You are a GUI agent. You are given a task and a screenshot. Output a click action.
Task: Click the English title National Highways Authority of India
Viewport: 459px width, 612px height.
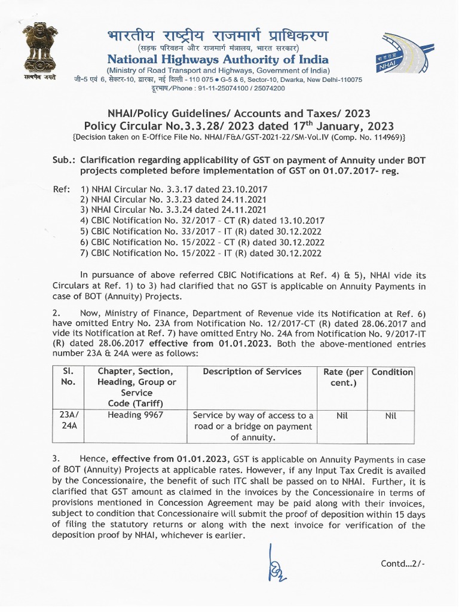(x=218, y=59)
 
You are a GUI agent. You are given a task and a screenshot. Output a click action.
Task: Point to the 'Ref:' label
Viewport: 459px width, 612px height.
(x=62, y=189)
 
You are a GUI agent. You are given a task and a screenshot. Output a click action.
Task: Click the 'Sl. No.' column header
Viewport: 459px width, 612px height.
(x=67, y=377)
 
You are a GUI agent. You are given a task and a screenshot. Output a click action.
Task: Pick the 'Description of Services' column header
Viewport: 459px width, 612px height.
(x=252, y=372)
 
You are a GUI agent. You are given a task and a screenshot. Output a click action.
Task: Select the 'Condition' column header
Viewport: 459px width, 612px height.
(x=392, y=372)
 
